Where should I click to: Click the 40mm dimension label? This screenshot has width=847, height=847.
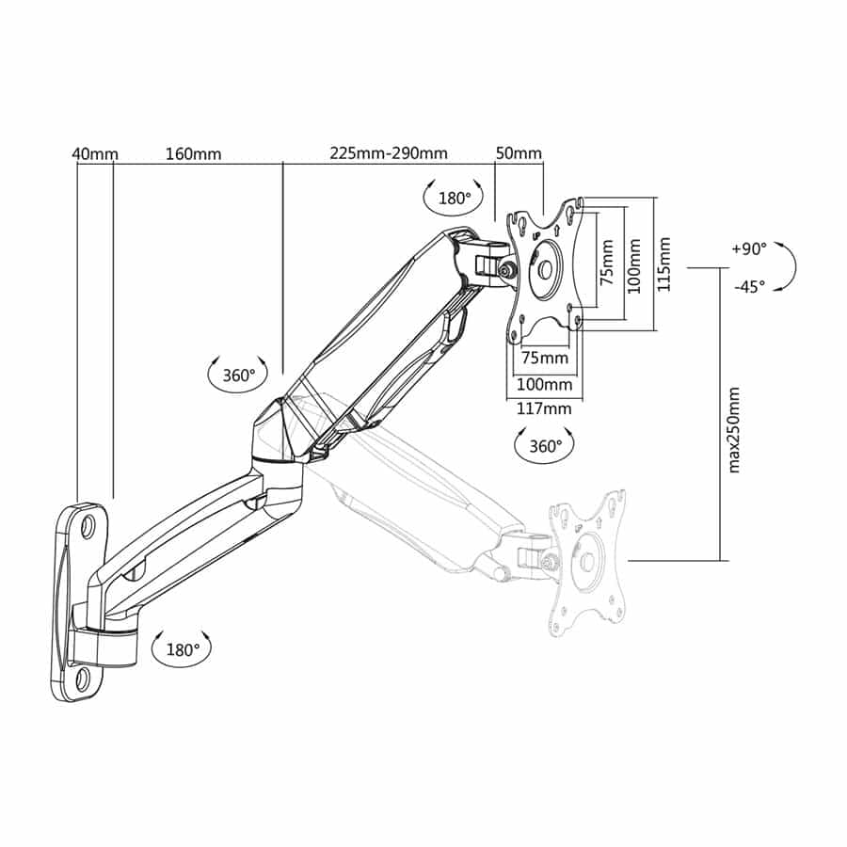pos(95,154)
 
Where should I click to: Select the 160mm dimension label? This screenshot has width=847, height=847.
pos(193,154)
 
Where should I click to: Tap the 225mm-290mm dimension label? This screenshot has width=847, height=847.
pos(389,153)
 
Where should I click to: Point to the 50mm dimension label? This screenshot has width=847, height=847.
pos(519,153)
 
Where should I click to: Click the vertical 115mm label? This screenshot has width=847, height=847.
pos(663,264)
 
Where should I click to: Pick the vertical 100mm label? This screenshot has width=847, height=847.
pos(634,266)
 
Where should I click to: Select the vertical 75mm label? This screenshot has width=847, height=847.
pos(607,263)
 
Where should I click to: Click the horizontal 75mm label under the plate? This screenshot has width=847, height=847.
pos(545,357)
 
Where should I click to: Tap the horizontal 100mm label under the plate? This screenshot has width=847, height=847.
pos(545,384)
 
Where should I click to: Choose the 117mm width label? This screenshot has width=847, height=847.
pos(544,408)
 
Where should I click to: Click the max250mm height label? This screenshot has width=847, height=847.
pos(733,430)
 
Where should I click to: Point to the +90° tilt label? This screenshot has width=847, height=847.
pos(749,249)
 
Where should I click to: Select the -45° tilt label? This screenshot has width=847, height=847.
pos(750,286)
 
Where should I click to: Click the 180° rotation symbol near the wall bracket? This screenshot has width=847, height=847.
pos(182,648)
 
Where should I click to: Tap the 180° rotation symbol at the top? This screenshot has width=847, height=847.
pos(454,198)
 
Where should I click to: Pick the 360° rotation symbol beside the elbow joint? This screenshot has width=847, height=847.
pos(238,375)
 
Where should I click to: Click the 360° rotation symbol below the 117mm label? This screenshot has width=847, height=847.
pos(545,446)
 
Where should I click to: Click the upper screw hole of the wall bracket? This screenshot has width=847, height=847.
pos(88,526)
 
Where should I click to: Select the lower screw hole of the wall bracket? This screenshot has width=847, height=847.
pos(84,679)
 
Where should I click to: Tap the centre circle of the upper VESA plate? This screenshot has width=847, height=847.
pos(545,269)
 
